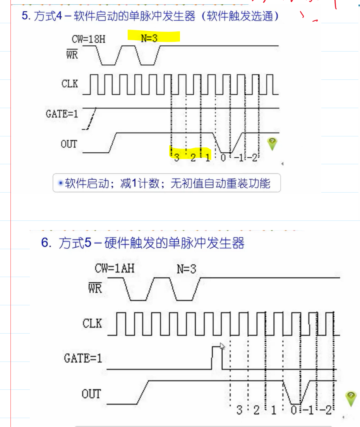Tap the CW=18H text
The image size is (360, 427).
point(89,39)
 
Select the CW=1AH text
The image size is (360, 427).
point(115,268)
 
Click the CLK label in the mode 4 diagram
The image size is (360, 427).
point(70,83)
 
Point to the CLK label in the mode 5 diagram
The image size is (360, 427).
point(92,323)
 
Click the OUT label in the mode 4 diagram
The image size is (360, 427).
point(69,144)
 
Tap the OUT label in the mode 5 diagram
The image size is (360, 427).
point(91,394)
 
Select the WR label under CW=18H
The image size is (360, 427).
point(72,54)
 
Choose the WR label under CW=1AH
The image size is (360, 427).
point(94,288)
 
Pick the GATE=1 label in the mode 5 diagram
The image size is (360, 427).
point(83,358)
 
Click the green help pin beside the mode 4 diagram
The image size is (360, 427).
point(272,144)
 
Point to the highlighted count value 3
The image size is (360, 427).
point(177,157)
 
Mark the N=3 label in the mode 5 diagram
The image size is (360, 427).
point(186,269)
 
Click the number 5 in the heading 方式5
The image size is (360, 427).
point(88,243)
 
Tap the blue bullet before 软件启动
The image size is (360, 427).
point(60,183)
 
